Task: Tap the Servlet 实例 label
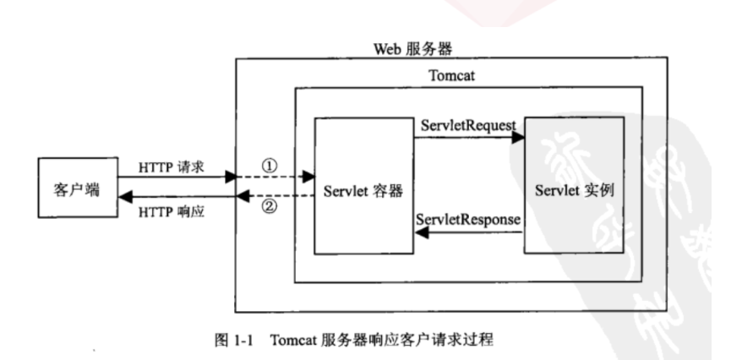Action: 574,190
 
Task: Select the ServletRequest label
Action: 468,124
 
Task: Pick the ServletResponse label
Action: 470,220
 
